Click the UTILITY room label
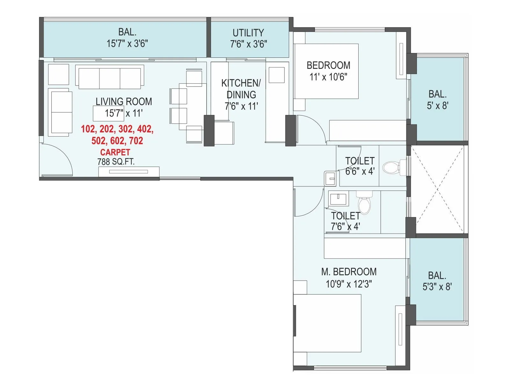pos(248,33)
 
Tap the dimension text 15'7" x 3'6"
pos(127,43)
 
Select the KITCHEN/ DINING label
pos(241,89)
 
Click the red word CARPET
pos(115,152)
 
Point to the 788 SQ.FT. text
pos(116,162)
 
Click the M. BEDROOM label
pos(349,272)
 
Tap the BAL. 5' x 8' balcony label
pos(437,100)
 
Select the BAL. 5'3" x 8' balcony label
pos(437,281)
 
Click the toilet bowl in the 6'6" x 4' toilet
pos(391,167)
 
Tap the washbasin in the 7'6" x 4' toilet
pos(338,199)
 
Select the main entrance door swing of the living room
pos(57,159)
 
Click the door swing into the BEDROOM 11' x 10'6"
pos(311,129)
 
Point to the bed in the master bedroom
pos(328,323)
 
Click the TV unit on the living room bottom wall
pos(128,172)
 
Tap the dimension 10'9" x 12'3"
pos(349,284)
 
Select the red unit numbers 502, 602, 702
pos(117,141)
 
